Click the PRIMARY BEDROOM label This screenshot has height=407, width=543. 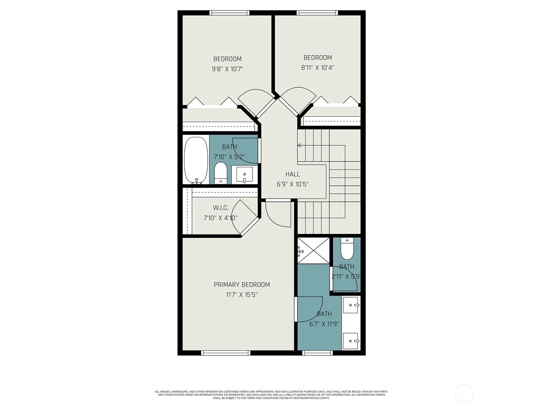[x=242, y=285]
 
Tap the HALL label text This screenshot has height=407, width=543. [x=293, y=174]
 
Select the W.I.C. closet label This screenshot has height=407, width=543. [x=221, y=208]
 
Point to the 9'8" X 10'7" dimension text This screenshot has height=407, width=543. [x=228, y=69]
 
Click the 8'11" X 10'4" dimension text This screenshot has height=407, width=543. [x=318, y=67]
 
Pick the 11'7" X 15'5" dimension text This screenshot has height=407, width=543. [x=242, y=295]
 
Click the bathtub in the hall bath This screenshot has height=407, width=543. [x=196, y=161]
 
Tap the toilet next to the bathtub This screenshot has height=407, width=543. [x=221, y=173]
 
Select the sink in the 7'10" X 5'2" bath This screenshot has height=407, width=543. [x=244, y=174]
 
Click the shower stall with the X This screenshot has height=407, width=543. [x=314, y=251]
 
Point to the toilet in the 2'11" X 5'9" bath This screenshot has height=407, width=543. [x=347, y=249]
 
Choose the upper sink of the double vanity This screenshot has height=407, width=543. [x=351, y=305]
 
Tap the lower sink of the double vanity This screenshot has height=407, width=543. [x=351, y=341]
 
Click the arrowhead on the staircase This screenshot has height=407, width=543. [x=299, y=145]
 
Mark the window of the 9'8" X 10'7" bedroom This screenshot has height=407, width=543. [x=229, y=13]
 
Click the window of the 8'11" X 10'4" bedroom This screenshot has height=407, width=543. [x=317, y=13]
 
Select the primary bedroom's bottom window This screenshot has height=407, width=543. [x=226, y=353]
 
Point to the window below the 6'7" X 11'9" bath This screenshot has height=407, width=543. [x=317, y=353]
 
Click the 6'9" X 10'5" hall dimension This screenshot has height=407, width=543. [x=293, y=185]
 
